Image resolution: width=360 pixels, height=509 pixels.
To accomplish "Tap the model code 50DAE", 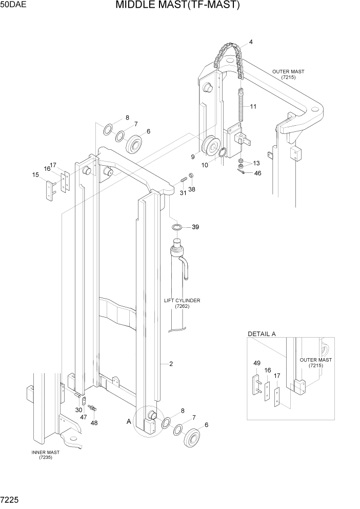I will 14,5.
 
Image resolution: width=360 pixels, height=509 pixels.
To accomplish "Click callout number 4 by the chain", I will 251,42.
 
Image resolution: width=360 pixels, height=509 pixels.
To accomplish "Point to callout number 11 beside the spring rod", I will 253,107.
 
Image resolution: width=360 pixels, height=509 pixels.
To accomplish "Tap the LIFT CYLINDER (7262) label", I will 182,303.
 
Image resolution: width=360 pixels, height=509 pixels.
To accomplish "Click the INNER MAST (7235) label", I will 45,455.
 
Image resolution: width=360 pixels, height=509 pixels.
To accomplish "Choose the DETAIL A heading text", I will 262,334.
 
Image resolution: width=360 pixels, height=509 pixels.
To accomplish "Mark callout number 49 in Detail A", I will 256,363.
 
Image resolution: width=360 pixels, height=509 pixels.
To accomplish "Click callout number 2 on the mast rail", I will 170,364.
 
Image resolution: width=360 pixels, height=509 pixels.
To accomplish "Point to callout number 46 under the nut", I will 257,173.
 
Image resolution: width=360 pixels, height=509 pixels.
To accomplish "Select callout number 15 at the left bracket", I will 35,175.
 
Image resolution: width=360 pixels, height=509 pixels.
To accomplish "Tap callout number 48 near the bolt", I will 94,423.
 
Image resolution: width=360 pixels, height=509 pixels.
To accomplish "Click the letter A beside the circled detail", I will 129,421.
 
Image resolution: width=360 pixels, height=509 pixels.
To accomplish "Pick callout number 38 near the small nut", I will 191,189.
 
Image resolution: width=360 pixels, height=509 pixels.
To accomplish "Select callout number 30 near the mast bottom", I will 78,410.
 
